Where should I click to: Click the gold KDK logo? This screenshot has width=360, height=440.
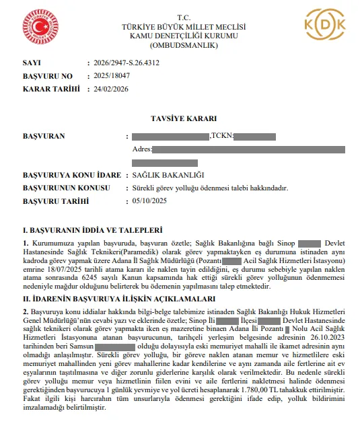tap(326, 26)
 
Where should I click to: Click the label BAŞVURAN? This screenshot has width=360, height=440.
tap(44, 136)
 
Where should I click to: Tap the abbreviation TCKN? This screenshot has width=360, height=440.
tap(221, 136)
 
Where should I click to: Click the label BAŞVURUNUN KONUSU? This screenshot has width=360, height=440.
tap(62, 188)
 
